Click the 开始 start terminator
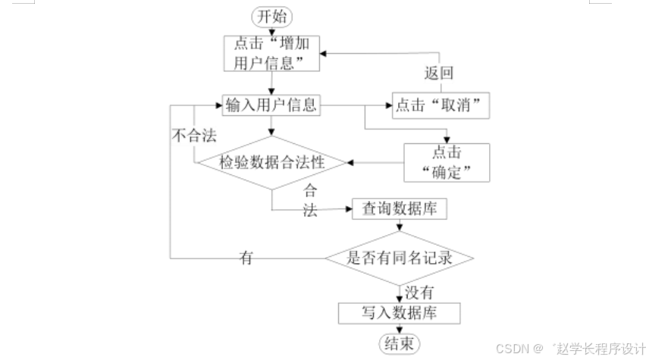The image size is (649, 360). coord(271,17)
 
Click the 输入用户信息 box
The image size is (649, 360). coord(271,105)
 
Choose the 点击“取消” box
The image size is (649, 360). coord(441,105)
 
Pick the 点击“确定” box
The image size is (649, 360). coord(446,162)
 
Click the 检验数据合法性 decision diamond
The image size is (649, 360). coord(271,162)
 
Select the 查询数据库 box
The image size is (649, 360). coord(400,208)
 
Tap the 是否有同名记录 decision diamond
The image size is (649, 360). coord(400,258)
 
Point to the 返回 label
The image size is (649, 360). coord(438,74)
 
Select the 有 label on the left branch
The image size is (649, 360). coord(246,258)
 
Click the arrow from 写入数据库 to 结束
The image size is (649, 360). coord(399,329)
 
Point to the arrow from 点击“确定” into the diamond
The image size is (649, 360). coord(375,162)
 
